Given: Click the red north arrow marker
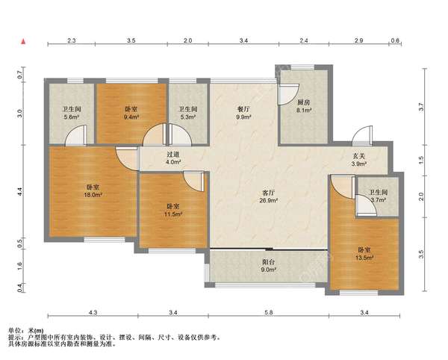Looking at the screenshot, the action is (x=23, y=41).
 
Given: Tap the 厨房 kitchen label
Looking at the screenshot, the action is (x=303, y=102).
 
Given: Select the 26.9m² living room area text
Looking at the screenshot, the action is (x=269, y=201).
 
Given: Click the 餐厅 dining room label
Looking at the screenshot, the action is (x=243, y=109).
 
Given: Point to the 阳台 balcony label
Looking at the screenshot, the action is (x=268, y=261).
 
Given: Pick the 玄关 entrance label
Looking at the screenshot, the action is (x=358, y=156).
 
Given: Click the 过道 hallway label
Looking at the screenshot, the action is (x=173, y=155).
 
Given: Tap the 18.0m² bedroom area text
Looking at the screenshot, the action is (x=93, y=195).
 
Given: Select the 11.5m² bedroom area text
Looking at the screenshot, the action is (x=173, y=214).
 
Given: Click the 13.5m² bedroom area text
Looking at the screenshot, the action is (x=364, y=258).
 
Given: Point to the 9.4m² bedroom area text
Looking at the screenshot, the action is (x=131, y=117).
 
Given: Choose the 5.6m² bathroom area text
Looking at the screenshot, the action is (x=72, y=117).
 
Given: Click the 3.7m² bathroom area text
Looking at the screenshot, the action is (x=379, y=199).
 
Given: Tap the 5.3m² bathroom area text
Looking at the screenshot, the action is (x=187, y=117).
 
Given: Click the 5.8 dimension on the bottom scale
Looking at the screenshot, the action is (x=269, y=312).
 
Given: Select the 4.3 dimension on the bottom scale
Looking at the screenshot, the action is (x=93, y=312).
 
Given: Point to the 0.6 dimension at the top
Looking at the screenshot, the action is (x=395, y=40).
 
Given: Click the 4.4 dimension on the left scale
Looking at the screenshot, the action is (x=19, y=191).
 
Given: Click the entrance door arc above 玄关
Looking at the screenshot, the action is (x=359, y=132).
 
